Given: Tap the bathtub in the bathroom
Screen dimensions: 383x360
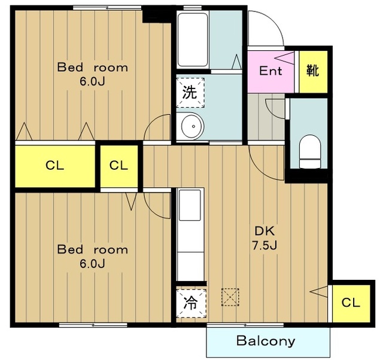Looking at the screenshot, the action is click(193, 40).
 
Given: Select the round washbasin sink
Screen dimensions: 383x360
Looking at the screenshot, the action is click(192, 126).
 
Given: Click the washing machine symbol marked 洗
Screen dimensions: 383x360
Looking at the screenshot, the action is click(190, 93).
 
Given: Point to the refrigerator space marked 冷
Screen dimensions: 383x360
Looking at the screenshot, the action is click(191, 303).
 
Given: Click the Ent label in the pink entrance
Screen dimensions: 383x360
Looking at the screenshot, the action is click(270, 71).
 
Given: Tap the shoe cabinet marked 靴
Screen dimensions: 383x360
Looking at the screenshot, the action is click(313, 72).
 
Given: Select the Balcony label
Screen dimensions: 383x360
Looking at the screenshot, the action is click(266, 341).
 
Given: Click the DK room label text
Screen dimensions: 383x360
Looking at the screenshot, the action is click(265, 231).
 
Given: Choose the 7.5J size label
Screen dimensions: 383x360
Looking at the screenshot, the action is click(265, 245).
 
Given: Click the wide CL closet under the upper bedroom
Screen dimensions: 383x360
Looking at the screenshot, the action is click(55, 166).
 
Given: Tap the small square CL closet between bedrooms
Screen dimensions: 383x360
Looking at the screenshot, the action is click(119, 166).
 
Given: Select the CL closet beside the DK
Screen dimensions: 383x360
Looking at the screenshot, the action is click(351, 303).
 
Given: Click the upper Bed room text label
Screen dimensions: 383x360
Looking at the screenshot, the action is click(93, 68).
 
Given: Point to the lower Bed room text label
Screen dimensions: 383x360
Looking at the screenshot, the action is click(93, 249).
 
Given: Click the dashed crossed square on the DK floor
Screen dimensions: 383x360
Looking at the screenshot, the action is click(230, 297).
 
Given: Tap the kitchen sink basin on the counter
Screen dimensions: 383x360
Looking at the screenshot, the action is click(190, 205).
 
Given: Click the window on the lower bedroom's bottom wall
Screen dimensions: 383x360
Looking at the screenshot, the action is click(93, 325).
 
